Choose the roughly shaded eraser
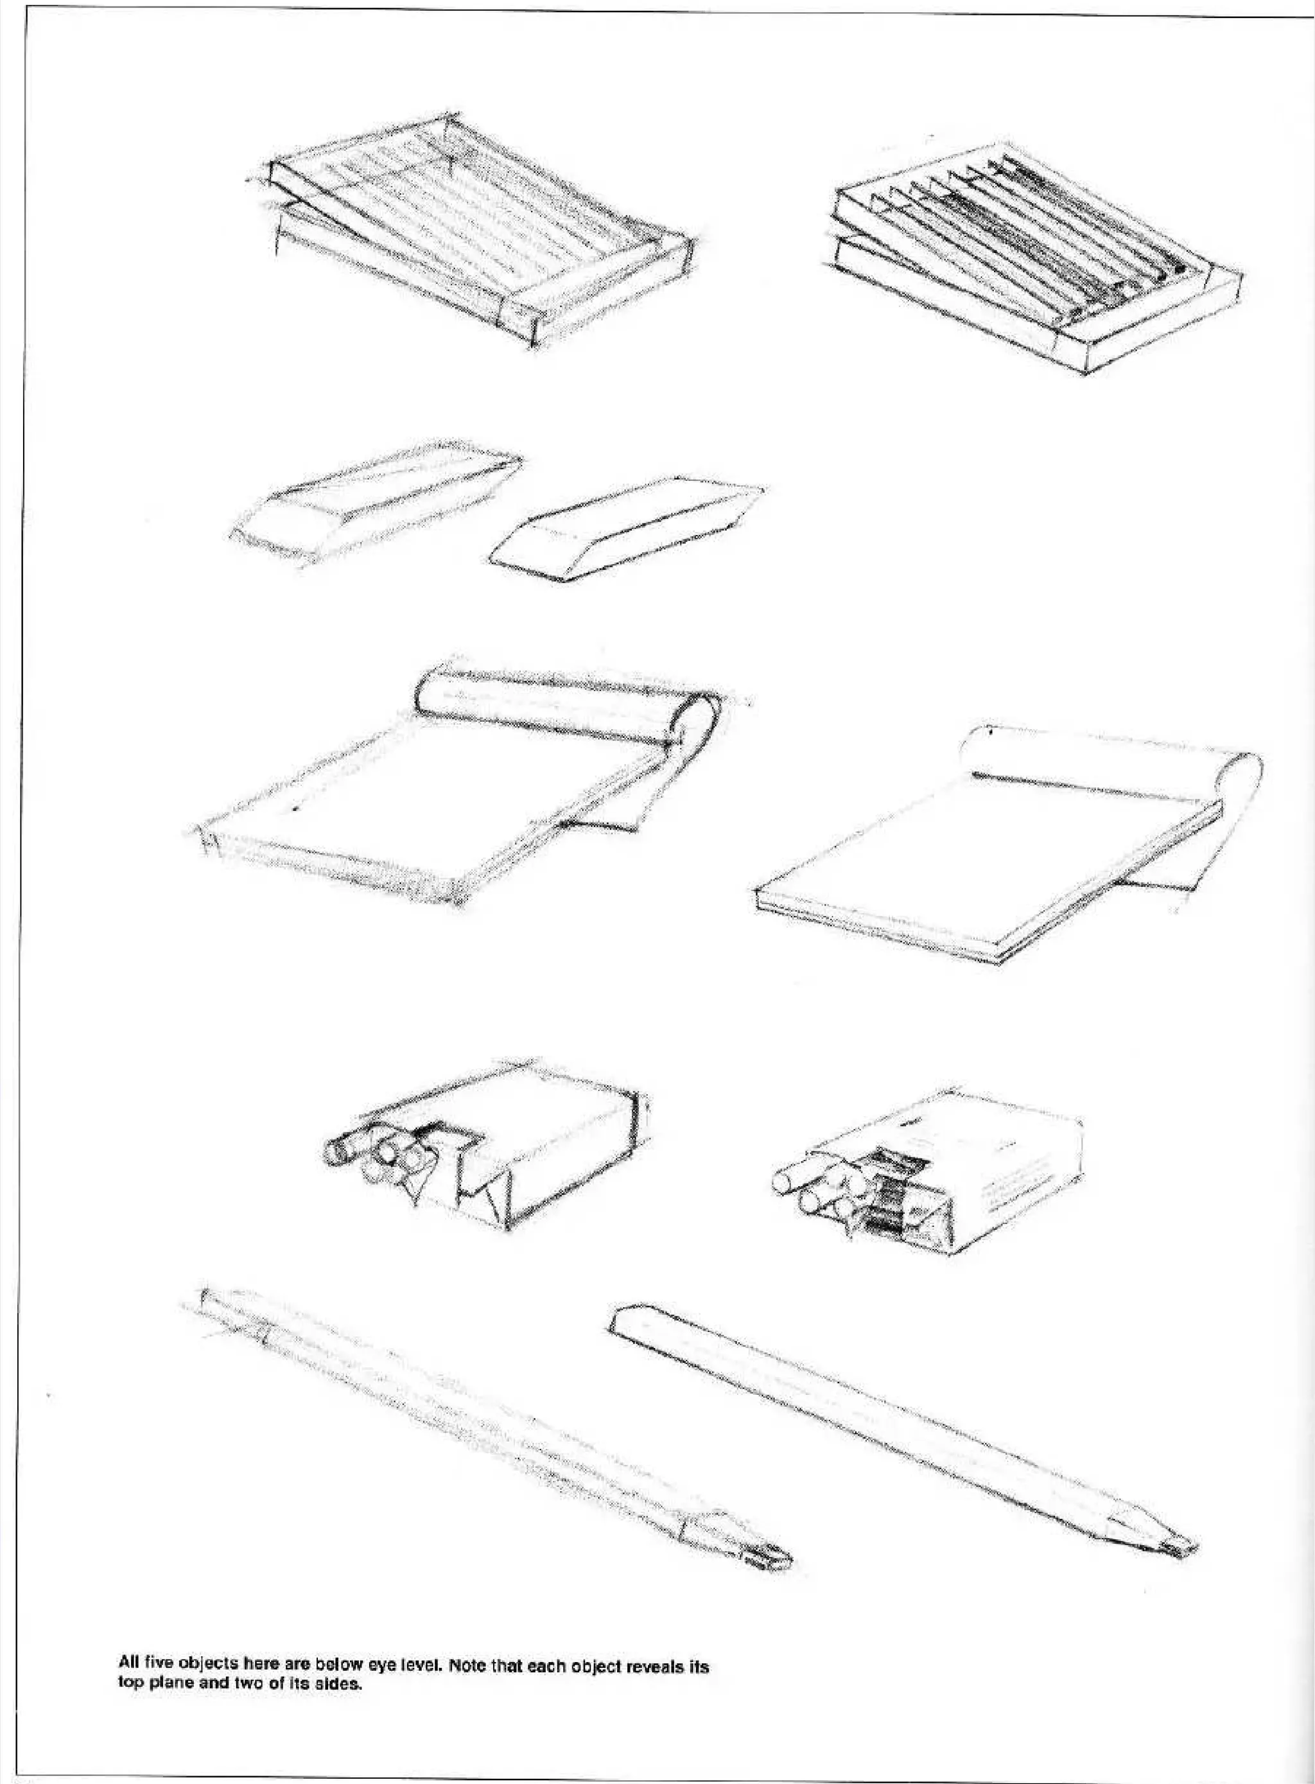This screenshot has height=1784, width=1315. [374, 502]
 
